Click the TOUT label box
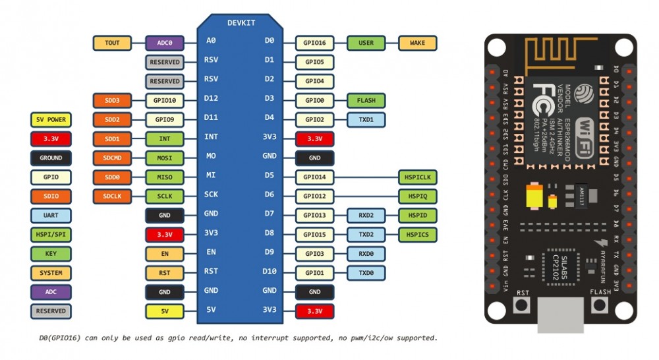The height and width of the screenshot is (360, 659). point(112,43)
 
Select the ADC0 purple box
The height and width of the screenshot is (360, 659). point(164,43)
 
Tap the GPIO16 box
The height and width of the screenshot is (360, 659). point(314,43)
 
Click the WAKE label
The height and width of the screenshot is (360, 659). point(417,43)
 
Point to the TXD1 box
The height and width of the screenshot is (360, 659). point(366,120)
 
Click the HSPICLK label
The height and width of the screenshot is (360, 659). point(417,177)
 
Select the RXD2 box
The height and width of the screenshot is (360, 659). point(366,216)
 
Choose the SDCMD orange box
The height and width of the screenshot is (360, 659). point(112,158)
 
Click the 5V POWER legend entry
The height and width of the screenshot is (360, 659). point(51,120)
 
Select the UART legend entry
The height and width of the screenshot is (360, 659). point(51,216)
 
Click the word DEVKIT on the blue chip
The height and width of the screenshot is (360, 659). point(241,22)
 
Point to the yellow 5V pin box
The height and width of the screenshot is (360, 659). point(164,311)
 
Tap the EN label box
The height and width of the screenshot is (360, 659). point(164,253)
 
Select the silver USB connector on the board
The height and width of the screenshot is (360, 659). point(560,316)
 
